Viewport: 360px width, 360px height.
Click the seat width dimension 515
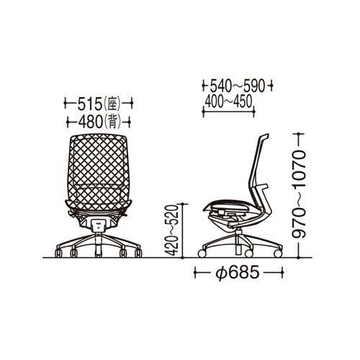pyautogui.click(x=90, y=104)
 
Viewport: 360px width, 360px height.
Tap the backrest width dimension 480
pyautogui.click(x=91, y=122)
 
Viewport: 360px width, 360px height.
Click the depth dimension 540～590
pyautogui.click(x=238, y=86)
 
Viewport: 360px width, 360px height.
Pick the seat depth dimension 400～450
pyautogui.click(x=228, y=102)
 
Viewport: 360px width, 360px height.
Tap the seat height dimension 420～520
pyautogui.click(x=171, y=230)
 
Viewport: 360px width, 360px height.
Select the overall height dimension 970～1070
pyautogui.click(x=299, y=194)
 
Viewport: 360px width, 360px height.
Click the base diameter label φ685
pyautogui.click(x=238, y=273)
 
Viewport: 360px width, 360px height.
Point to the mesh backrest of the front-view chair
pyautogui.click(x=99, y=171)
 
